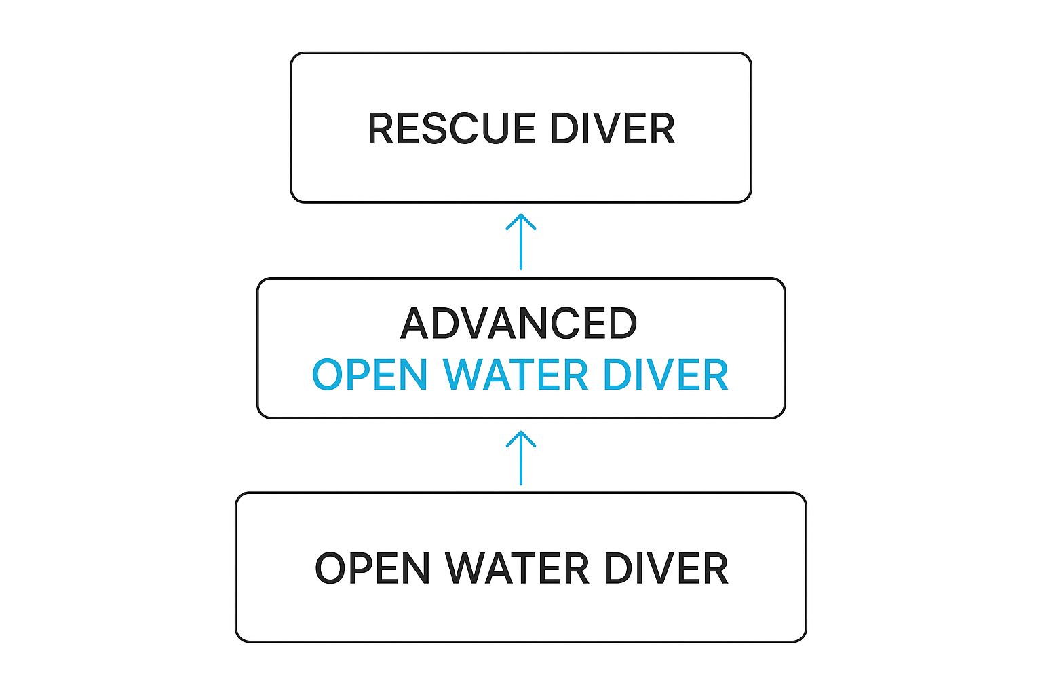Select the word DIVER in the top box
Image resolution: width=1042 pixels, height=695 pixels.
point(612,128)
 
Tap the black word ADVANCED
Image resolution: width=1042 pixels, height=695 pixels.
point(519,324)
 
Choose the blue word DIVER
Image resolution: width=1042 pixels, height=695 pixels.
point(665,375)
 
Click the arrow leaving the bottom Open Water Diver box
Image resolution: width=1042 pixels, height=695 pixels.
point(521,458)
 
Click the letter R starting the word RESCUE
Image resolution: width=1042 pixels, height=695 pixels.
point(381,128)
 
